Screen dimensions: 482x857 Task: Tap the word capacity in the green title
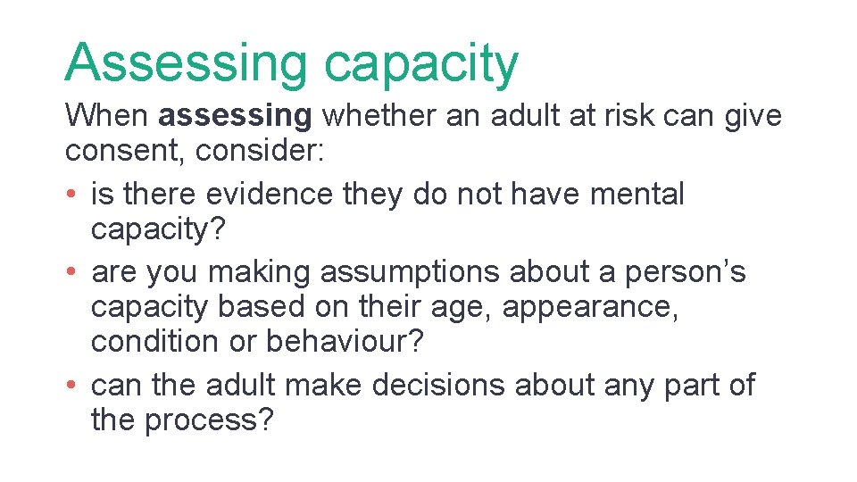(x=420, y=64)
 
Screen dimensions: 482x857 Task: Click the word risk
(x=628, y=116)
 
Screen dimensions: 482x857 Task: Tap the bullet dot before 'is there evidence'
(x=71, y=195)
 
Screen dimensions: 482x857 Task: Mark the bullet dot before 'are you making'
(x=71, y=272)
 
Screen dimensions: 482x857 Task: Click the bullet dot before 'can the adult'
(x=71, y=386)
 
